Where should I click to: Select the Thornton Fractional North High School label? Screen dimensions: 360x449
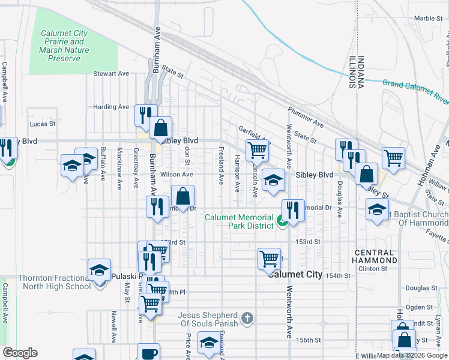pyautogui.click(x=54, y=282)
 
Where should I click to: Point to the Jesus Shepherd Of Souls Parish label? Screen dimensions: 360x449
pyautogui.click(x=208, y=319)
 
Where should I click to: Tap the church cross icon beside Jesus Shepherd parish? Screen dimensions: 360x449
pyautogui.click(x=246, y=317)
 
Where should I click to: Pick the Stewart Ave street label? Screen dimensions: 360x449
pyautogui.click(x=111, y=74)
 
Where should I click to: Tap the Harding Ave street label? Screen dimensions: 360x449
pyautogui.click(x=111, y=107)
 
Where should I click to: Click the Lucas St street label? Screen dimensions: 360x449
pyautogui.click(x=42, y=124)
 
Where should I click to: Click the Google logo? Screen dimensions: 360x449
pyautogui.click(x=20, y=353)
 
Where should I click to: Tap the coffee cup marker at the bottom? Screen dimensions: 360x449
pyautogui.click(x=148, y=353)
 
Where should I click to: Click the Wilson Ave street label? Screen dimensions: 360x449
pyautogui.click(x=176, y=174)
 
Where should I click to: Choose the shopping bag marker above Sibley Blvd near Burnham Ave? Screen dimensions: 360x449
pyautogui.click(x=161, y=127)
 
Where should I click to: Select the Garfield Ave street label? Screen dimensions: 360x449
pyautogui.click(x=253, y=136)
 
